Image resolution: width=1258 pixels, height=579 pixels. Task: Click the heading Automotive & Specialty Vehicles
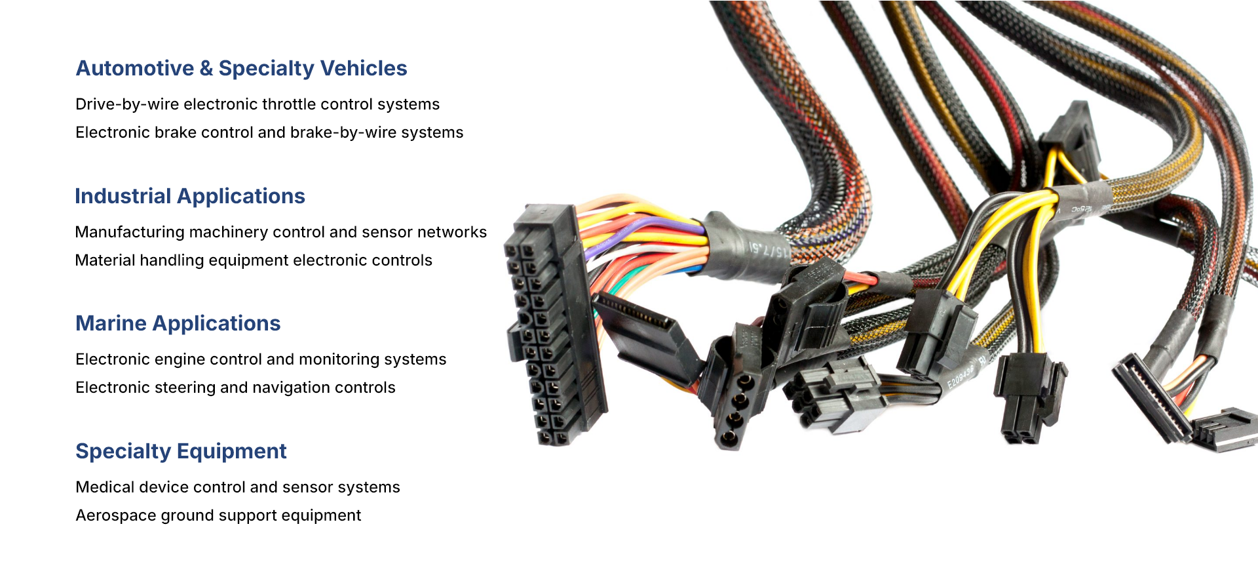click(241, 68)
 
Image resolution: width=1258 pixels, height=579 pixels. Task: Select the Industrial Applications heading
click(190, 196)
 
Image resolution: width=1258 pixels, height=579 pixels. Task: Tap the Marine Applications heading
click(178, 323)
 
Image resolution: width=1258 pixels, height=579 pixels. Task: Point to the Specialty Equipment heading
click(181, 451)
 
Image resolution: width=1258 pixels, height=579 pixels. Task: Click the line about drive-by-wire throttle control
click(257, 104)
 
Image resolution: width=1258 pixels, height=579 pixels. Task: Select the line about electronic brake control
click(269, 132)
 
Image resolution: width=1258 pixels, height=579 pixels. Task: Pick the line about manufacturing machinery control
click(281, 232)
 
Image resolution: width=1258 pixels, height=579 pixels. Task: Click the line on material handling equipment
click(254, 260)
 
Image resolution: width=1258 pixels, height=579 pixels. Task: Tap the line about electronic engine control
click(261, 359)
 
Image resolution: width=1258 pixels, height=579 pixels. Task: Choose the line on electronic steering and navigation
click(235, 388)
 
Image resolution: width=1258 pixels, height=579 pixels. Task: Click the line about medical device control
click(238, 487)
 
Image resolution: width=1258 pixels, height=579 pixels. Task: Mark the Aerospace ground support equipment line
click(218, 515)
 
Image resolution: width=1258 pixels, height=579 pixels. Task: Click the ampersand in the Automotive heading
click(206, 68)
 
